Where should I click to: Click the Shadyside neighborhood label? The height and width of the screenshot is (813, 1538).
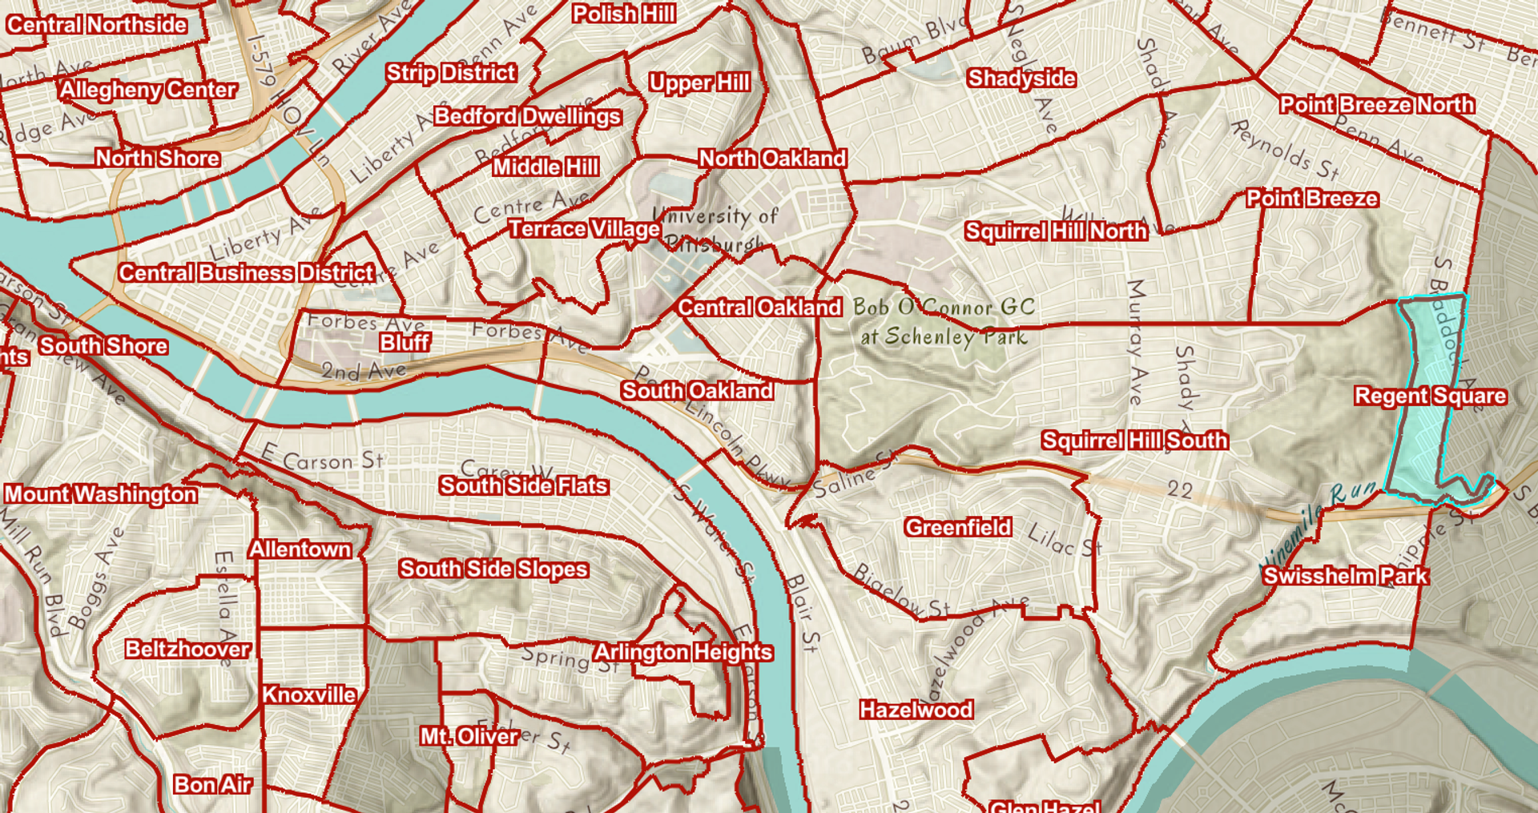pos(1021,78)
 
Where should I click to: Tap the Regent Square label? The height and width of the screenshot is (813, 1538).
pos(1430,396)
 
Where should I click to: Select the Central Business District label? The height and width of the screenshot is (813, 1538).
pos(247,273)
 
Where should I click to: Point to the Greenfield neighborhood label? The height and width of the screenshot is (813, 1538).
pos(958,527)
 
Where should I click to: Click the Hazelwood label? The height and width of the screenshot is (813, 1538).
pos(916,710)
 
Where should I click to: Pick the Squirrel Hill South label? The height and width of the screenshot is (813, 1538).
pos(1134,441)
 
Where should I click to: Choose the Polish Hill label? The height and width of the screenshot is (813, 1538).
pos(623,14)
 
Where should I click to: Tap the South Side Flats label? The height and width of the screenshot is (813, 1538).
pos(523,486)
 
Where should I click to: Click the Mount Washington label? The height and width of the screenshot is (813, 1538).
pos(101,494)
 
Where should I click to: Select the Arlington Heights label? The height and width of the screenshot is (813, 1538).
pos(682,653)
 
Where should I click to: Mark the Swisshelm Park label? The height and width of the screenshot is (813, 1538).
pos(1346,576)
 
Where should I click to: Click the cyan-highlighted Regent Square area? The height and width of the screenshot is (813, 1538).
pos(1422,433)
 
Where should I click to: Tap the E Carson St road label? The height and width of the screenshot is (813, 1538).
pos(323,458)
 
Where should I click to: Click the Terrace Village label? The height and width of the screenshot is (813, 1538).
pos(584,229)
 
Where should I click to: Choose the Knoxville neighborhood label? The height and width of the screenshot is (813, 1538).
pos(309,694)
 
